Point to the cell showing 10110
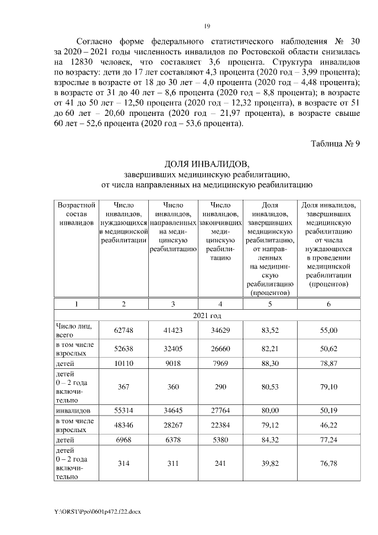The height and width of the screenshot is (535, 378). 123,364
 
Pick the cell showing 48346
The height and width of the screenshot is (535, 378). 123,424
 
